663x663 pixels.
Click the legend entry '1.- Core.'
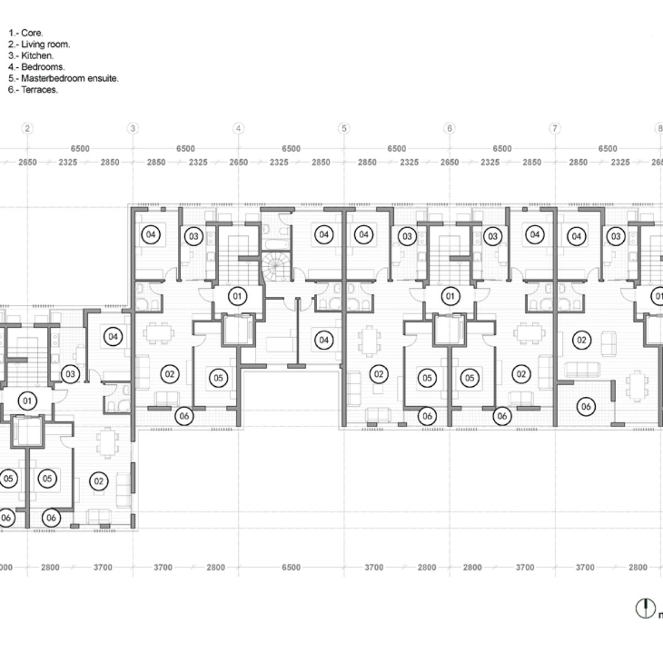[x=26, y=33]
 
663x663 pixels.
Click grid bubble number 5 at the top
[x=344, y=128]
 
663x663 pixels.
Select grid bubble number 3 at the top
[x=133, y=128]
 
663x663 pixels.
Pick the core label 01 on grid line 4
[x=238, y=296]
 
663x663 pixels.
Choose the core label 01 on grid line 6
[x=450, y=296]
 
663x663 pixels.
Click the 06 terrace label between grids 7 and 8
[x=586, y=407]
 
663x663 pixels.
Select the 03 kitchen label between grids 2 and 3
[x=70, y=374]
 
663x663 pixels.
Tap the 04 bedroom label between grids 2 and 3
[x=113, y=336]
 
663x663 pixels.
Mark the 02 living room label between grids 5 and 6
[x=378, y=374]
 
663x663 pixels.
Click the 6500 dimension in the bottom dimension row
[x=291, y=567]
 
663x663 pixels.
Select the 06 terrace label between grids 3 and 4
[x=184, y=416]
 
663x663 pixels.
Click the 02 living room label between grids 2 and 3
[x=98, y=481]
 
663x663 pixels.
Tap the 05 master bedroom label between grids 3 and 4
[x=218, y=378]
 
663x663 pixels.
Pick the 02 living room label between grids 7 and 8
[x=581, y=340]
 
